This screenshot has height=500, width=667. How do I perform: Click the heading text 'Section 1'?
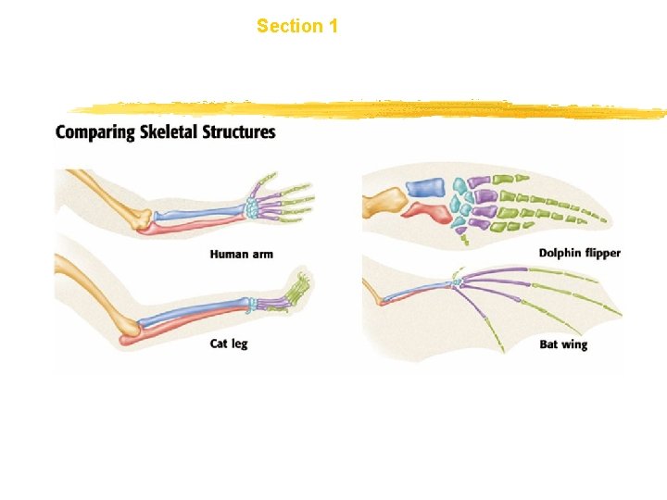click(x=296, y=26)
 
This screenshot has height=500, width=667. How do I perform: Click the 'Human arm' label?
click(x=241, y=254)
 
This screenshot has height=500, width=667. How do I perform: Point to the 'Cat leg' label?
click(x=229, y=344)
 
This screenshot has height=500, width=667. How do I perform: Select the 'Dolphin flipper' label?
click(x=580, y=253)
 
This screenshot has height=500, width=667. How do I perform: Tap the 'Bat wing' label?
click(x=563, y=344)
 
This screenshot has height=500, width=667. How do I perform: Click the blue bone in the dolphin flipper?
click(x=429, y=188)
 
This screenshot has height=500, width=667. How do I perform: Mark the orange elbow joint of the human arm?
click(x=140, y=220)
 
